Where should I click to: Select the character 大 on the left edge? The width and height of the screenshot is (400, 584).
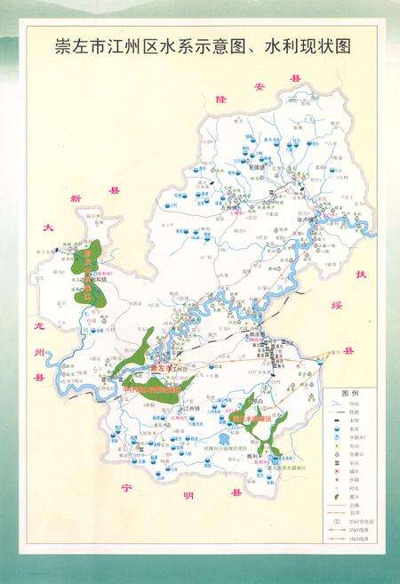(x=50, y=229)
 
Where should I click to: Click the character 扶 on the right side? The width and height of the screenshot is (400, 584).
(x=361, y=274)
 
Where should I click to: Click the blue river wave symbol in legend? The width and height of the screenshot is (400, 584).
(x=335, y=404)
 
